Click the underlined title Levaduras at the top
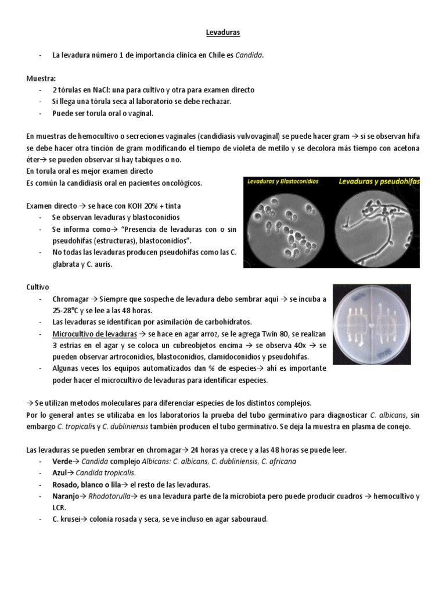(223, 33)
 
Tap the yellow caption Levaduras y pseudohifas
(379, 181)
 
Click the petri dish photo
(372, 321)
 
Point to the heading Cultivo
(38, 287)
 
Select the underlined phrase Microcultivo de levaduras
(95, 334)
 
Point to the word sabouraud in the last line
(247, 519)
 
